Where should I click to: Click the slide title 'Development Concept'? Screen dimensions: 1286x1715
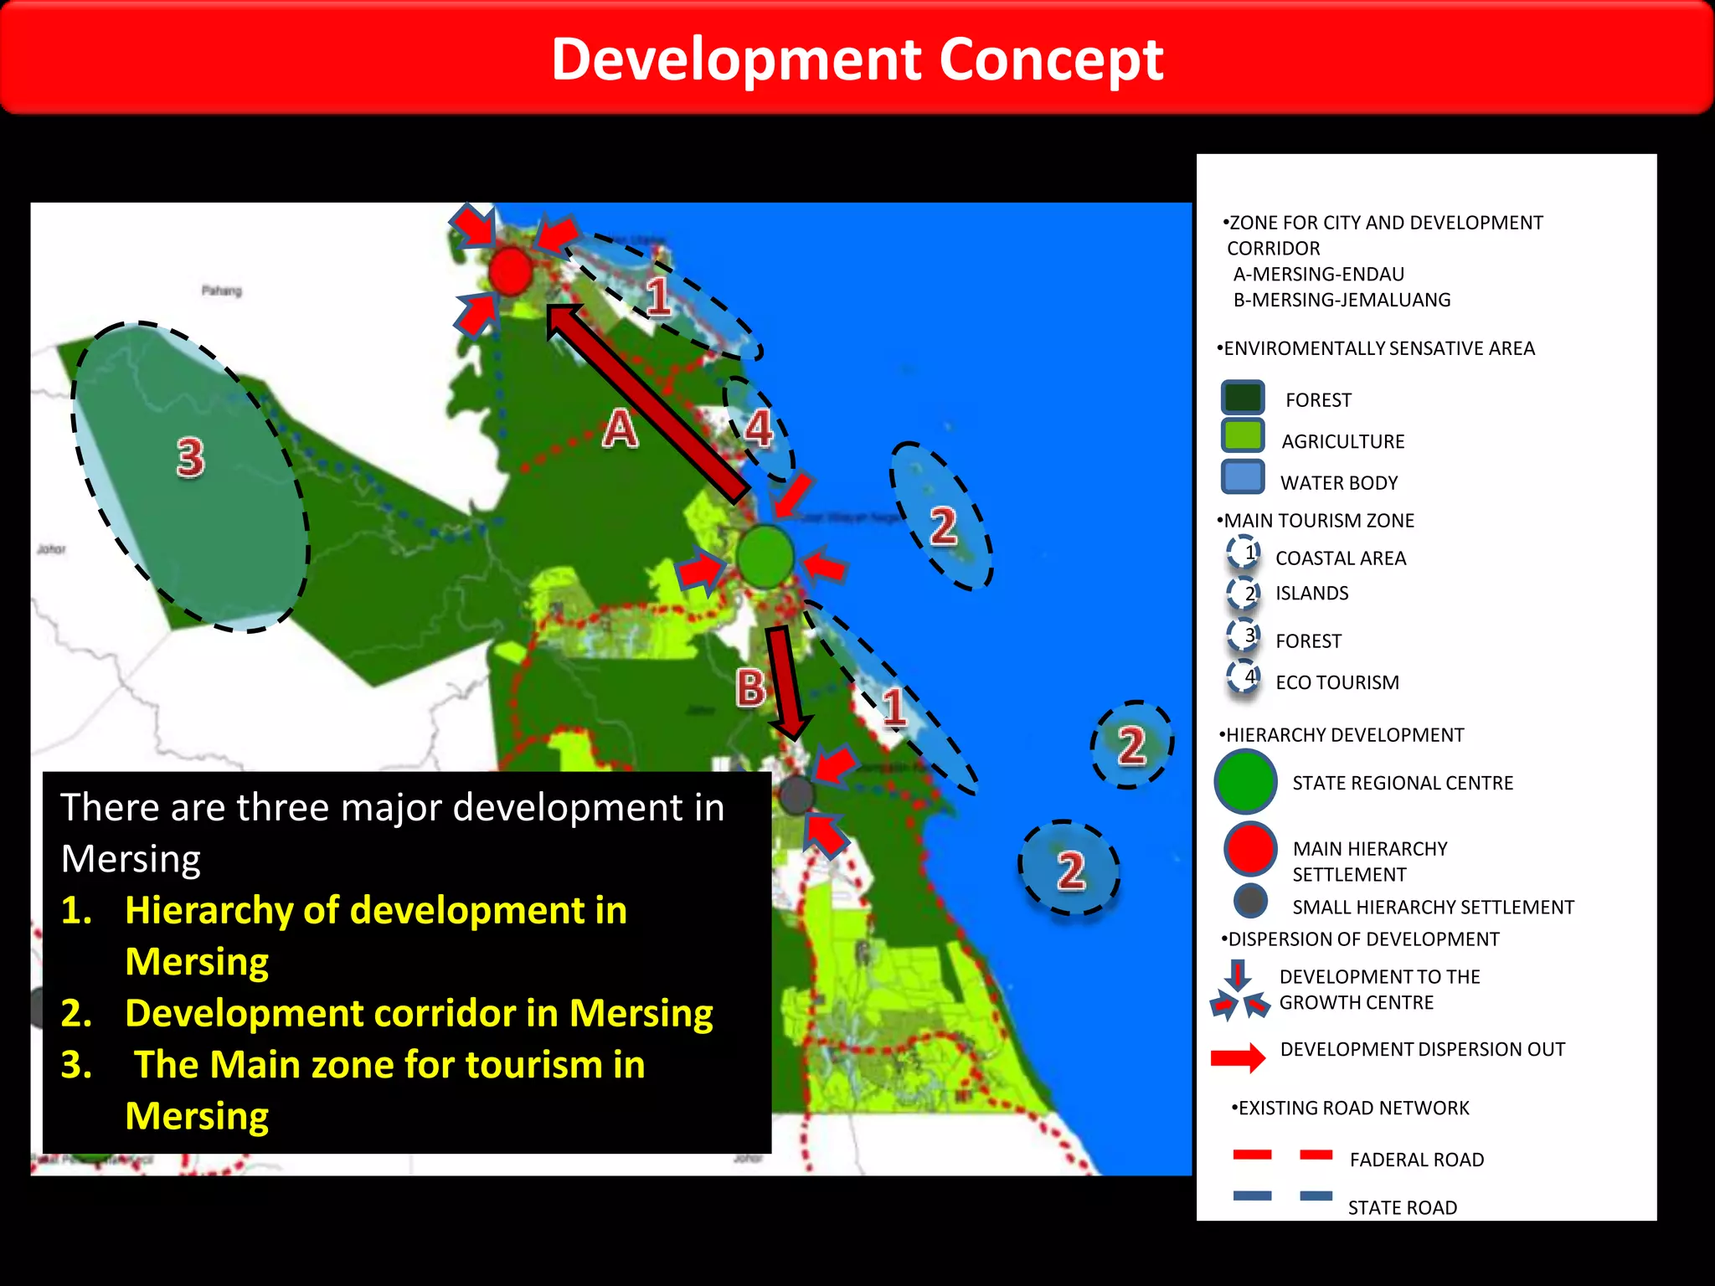pyautogui.click(x=857, y=59)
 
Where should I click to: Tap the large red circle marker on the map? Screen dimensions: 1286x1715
pyautogui.click(x=510, y=270)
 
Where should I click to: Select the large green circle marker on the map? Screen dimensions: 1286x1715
pyautogui.click(x=765, y=555)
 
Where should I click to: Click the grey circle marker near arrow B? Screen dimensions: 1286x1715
pyautogui.click(x=796, y=794)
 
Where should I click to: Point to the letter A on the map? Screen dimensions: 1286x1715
pyautogui.click(x=621, y=429)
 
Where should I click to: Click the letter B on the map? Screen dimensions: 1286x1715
pyautogui.click(x=750, y=688)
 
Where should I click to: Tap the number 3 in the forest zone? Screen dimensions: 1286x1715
pyautogui.click(x=190, y=458)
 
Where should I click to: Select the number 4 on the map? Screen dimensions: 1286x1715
pyautogui.click(x=759, y=428)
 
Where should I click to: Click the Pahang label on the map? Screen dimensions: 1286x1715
pyautogui.click(x=221, y=291)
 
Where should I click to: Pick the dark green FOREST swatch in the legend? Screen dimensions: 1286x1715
pyautogui.click(x=1242, y=398)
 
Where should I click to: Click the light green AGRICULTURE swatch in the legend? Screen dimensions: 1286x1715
pyautogui.click(x=1242, y=437)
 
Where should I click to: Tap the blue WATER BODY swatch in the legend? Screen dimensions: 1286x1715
pyautogui.click(x=1242, y=477)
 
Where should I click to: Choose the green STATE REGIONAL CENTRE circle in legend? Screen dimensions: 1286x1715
pyautogui.click(x=1245, y=781)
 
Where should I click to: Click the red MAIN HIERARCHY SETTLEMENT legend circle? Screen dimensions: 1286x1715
pyautogui.click(x=1249, y=848)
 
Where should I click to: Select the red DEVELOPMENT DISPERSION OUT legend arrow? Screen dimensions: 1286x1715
pyautogui.click(x=1239, y=1057)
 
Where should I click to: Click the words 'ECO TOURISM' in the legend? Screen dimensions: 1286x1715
pyautogui.click(x=1336, y=682)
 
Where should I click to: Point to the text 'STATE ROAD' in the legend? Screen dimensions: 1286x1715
pyautogui.click(x=1402, y=1207)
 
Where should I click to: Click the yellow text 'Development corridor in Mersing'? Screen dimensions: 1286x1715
pyautogui.click(x=419, y=1013)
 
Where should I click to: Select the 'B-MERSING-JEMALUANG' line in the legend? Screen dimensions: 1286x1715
pyautogui.click(x=1342, y=300)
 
